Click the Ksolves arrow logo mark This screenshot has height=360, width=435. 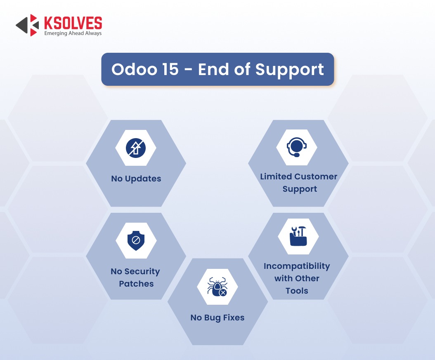27,25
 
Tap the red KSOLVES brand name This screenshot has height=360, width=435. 73,23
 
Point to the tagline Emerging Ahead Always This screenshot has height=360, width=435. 73,33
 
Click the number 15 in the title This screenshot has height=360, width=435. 170,69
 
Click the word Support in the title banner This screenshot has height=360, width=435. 289,70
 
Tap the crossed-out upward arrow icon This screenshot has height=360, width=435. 136,148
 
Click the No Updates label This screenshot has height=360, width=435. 136,179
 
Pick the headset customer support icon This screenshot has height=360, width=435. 297,147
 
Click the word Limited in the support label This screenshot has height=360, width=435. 276,176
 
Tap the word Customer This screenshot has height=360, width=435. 316,176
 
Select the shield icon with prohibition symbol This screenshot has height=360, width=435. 136,240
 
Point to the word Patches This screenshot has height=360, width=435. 136,284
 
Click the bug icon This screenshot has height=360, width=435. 217,287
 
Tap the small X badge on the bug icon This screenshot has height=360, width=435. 223,292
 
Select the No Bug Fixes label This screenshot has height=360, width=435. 217,318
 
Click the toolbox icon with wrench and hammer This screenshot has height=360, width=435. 298,236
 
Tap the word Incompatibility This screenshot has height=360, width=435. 297,266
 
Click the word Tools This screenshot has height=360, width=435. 297,291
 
